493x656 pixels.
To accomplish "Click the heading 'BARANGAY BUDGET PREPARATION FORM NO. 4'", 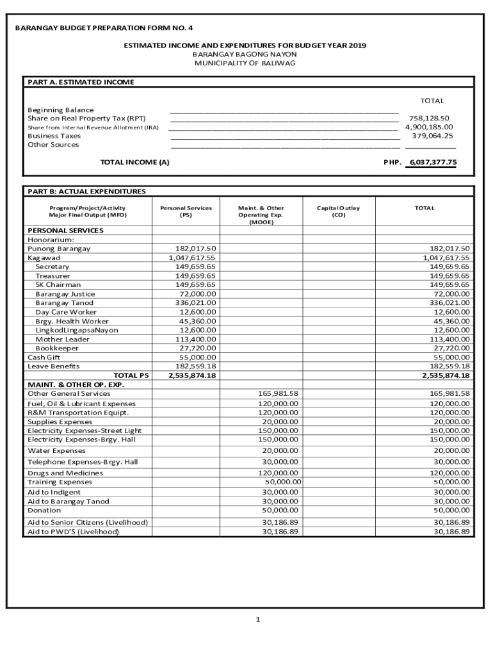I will pos(103,28).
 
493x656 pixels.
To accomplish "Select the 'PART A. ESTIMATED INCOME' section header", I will pos(81,82).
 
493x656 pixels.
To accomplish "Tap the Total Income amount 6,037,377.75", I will pos(433,163).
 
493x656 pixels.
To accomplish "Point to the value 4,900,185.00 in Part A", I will pos(429,127).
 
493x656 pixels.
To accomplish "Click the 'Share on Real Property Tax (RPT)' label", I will pos(86,119).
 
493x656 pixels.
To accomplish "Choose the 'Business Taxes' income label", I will pos(54,136).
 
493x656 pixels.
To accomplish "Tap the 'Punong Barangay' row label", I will pos(59,249).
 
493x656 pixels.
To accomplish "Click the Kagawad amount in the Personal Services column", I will pos(192,258).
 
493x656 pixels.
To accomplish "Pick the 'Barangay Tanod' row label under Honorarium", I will pos(64,303).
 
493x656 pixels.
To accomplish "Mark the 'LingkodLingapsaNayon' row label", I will pos(77,330).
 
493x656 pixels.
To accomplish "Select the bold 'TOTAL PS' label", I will pos(131,375).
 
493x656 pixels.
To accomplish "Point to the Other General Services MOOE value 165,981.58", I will pos(278,393).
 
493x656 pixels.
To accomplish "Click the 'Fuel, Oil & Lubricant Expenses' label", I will pos(81,404).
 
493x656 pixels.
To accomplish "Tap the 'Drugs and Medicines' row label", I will pos(65,473).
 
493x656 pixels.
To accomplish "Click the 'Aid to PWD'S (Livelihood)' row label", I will pos(73,532).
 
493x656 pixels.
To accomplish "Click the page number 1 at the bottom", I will pos(257,619).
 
